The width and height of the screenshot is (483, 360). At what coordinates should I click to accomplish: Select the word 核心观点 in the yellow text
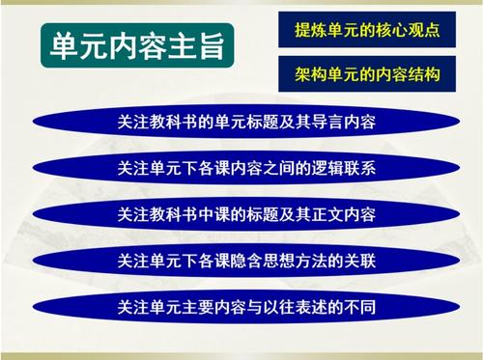[x=409, y=29]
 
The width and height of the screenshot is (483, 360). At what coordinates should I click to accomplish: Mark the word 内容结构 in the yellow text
[x=409, y=73]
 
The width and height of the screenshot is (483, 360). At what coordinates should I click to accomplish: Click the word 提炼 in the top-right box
[x=309, y=29]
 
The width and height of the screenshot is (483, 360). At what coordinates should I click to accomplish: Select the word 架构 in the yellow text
[x=309, y=73]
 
